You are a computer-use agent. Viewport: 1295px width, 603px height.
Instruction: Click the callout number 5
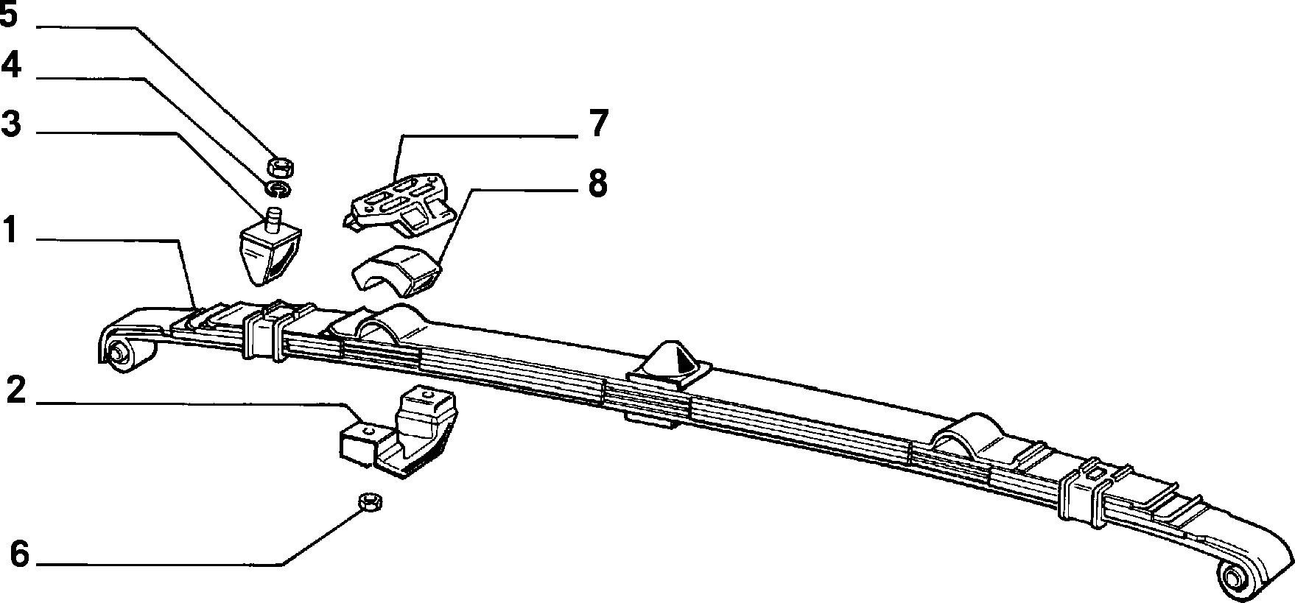(9, 15)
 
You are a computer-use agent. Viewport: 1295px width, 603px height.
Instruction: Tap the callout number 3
(10, 123)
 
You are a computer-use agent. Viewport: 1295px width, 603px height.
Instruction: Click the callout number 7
(598, 123)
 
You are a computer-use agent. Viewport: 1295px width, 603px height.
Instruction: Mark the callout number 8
(597, 183)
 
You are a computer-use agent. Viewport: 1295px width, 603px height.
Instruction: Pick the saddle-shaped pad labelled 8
(396, 271)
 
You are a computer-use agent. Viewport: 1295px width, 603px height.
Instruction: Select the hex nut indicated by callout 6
(368, 502)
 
